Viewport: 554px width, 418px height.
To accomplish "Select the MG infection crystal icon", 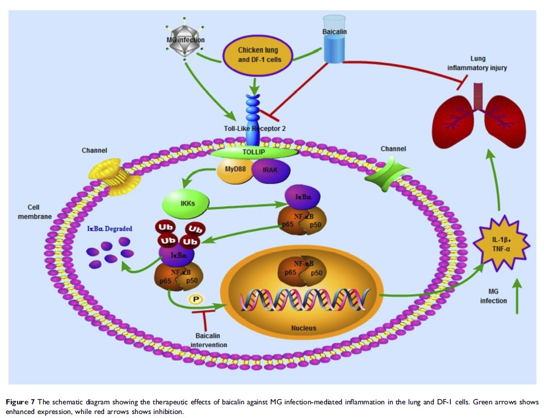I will pos(186,41).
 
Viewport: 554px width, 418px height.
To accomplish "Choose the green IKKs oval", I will pos(186,201).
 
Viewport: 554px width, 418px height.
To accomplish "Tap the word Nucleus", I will pos(304,328).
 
